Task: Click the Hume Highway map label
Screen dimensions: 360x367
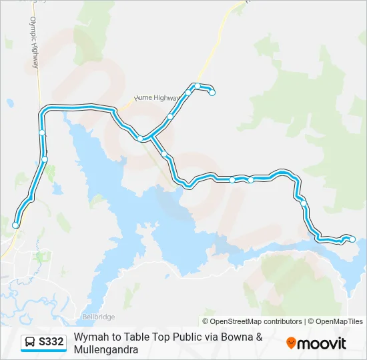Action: click(157, 97)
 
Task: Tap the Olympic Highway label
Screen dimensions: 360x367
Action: click(34, 45)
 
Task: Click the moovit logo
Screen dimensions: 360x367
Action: click(316, 343)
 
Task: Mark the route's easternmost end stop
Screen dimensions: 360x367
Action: click(353, 239)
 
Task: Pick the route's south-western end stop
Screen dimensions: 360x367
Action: click(15, 225)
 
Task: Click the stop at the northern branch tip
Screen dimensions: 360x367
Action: click(212, 93)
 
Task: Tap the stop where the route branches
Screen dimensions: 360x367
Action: click(140, 139)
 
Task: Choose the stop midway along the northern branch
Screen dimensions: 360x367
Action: click(170, 117)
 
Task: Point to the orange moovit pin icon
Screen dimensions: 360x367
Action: click(291, 343)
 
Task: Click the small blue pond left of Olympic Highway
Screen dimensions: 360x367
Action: click(10, 103)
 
